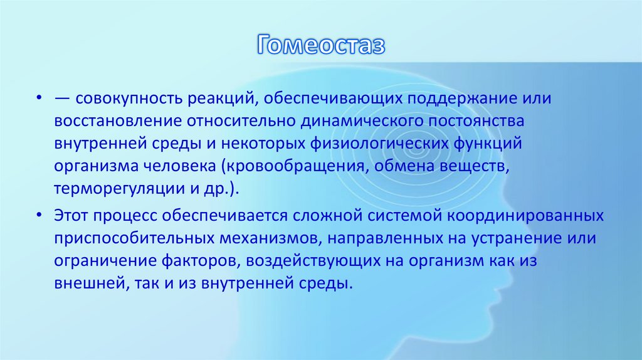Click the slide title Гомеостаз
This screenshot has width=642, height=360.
coord(320,46)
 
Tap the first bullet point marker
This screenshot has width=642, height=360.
coord(39,100)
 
